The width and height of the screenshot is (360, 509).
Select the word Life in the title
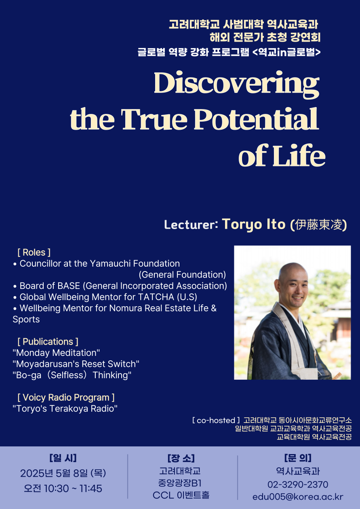299,155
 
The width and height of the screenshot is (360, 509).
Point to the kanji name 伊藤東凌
319,225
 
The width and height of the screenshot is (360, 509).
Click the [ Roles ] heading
34,252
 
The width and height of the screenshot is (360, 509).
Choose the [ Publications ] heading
48,342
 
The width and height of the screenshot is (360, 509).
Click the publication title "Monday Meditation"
56,353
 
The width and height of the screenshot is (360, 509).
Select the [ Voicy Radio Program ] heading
66,398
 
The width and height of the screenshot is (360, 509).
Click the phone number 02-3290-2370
298,485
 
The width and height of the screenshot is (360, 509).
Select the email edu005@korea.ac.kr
298,497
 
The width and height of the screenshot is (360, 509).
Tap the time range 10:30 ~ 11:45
73,488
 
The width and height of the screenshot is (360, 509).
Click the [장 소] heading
181,458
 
